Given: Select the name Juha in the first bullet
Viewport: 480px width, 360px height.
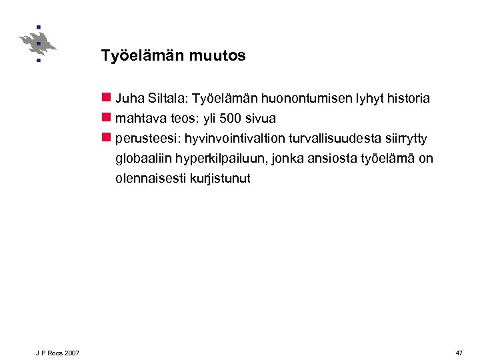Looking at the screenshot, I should (128, 99).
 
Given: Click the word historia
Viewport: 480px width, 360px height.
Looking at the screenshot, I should (408, 99).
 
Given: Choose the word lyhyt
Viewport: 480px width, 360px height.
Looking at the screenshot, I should (367, 99).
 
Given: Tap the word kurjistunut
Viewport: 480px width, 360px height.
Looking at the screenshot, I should (223, 179).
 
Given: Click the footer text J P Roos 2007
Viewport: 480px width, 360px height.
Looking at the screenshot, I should (58, 352).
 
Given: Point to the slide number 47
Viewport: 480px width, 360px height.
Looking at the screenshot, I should (459, 352).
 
